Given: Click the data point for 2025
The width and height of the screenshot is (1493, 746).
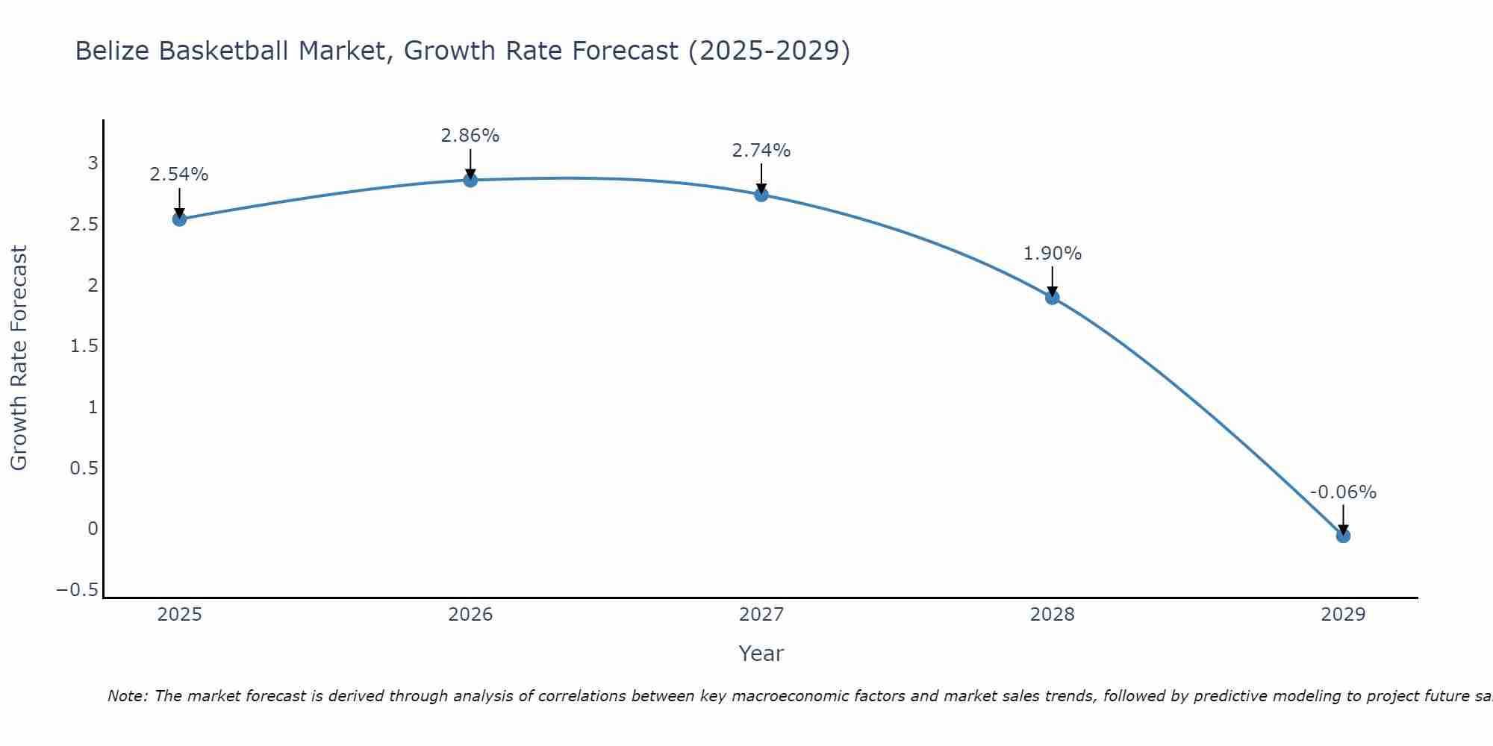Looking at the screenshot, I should tap(179, 219).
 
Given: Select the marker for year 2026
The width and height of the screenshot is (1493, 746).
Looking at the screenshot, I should tap(470, 180).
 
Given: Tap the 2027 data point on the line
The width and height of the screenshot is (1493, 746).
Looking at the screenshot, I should tap(761, 195).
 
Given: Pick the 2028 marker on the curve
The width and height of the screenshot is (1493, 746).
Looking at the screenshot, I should tap(1053, 298).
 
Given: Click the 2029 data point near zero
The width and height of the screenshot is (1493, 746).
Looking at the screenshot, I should tap(1343, 536).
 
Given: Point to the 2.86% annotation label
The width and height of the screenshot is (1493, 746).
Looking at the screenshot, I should tap(470, 136).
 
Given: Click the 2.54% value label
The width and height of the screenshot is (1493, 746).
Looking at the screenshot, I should tap(179, 175).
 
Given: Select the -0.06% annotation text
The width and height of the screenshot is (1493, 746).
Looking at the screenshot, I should tap(1343, 492).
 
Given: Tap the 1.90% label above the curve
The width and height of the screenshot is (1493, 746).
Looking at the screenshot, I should tap(1052, 254).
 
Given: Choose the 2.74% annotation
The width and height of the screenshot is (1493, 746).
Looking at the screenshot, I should tap(761, 151).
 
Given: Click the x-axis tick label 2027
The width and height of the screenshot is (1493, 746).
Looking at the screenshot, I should tap(761, 615).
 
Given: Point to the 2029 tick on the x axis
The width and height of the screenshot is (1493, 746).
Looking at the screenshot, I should tap(1343, 615).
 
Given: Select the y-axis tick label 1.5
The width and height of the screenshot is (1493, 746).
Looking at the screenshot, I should tap(84, 346).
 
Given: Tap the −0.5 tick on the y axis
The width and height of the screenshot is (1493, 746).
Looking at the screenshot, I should tap(77, 590).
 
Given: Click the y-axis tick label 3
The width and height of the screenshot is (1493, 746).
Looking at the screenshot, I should tap(93, 163).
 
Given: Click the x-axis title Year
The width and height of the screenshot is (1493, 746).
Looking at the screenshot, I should tap(761, 653).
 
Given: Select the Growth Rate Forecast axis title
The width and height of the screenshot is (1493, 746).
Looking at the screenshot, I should tap(19, 358).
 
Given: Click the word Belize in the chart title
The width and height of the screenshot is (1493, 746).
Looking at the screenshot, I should tap(113, 51).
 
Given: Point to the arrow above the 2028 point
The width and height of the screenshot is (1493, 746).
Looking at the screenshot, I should tap(1053, 280).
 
